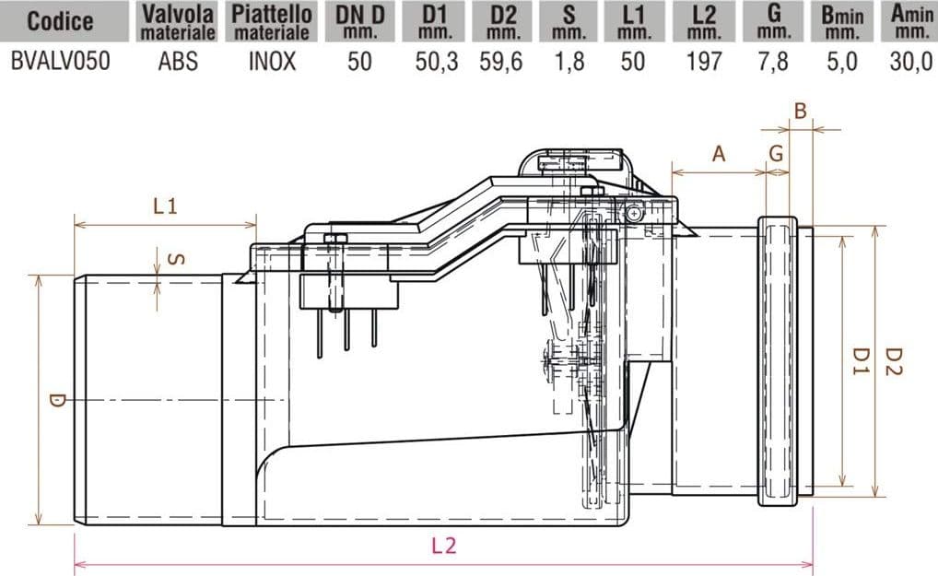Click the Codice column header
[x=61, y=21]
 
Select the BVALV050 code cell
[x=61, y=62]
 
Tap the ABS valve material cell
[x=178, y=62]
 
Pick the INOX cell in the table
[x=272, y=62]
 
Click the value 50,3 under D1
[x=437, y=62]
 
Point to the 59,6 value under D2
[x=501, y=62]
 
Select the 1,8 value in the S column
[x=569, y=62]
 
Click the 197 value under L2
[x=704, y=62]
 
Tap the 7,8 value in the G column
[x=773, y=62]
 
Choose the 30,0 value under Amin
[x=911, y=62]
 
